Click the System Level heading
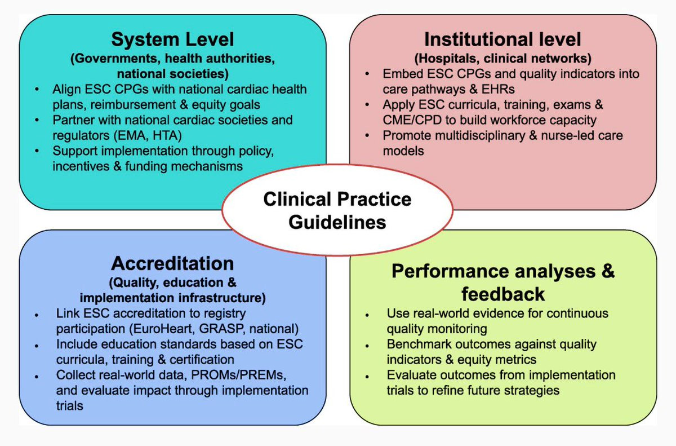[x=172, y=40]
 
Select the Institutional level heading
[x=502, y=39]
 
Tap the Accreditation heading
[x=172, y=263]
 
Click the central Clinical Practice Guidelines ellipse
[x=337, y=210]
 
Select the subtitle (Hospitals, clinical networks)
[x=502, y=58]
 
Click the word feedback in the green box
[x=502, y=294]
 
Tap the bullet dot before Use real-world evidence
[x=367, y=314]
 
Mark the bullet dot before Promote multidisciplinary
[x=367, y=136]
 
